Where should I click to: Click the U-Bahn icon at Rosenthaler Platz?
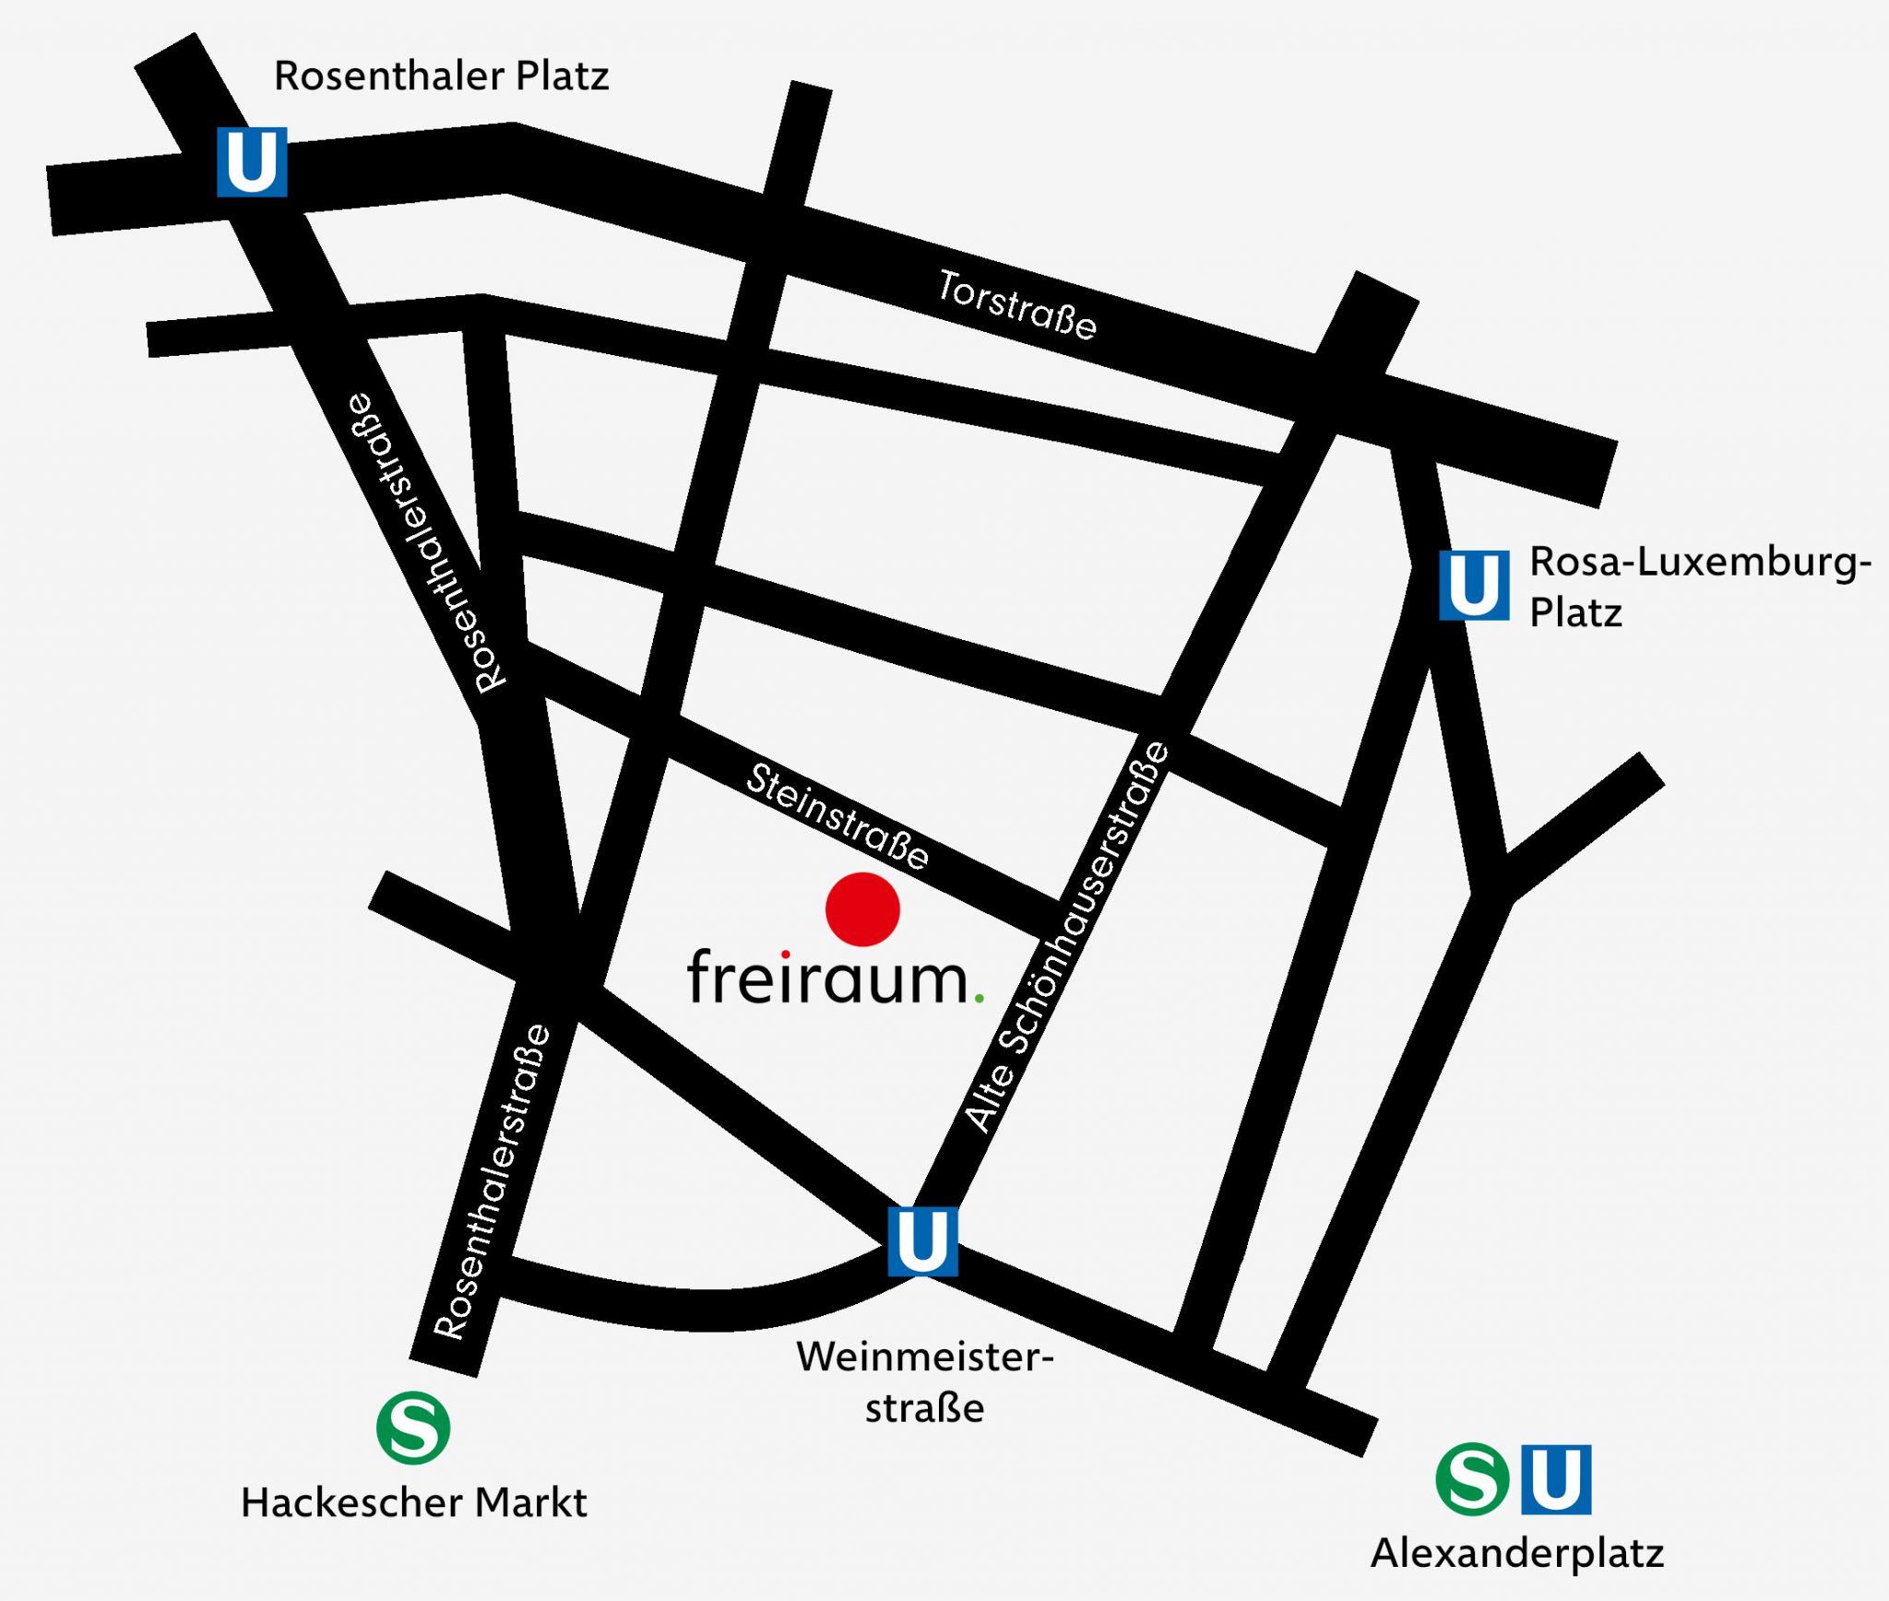click(x=252, y=161)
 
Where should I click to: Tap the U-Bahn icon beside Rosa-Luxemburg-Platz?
click(x=1474, y=585)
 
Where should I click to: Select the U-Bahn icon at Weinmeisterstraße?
click(x=922, y=1240)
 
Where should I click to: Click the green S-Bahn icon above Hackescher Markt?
click(x=413, y=1428)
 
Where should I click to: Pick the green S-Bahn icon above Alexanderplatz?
click(x=1472, y=1479)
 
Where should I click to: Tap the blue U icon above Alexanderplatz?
click(x=1556, y=1479)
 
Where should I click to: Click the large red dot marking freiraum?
click(x=862, y=909)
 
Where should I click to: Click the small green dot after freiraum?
click(x=979, y=998)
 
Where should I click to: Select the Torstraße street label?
click(x=1017, y=305)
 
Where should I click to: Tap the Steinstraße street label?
click(x=838, y=817)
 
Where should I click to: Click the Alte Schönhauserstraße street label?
click(x=1067, y=937)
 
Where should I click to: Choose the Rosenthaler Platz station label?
click(x=441, y=76)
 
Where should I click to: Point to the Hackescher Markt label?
click(x=413, y=1503)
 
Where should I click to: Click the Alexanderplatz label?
click(x=1517, y=1553)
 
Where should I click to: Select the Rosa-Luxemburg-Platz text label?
click(x=1699, y=587)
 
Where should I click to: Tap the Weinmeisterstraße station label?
click(x=924, y=1382)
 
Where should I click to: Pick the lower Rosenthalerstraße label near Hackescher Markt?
click(x=492, y=1182)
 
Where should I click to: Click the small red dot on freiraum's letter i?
click(x=785, y=955)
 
